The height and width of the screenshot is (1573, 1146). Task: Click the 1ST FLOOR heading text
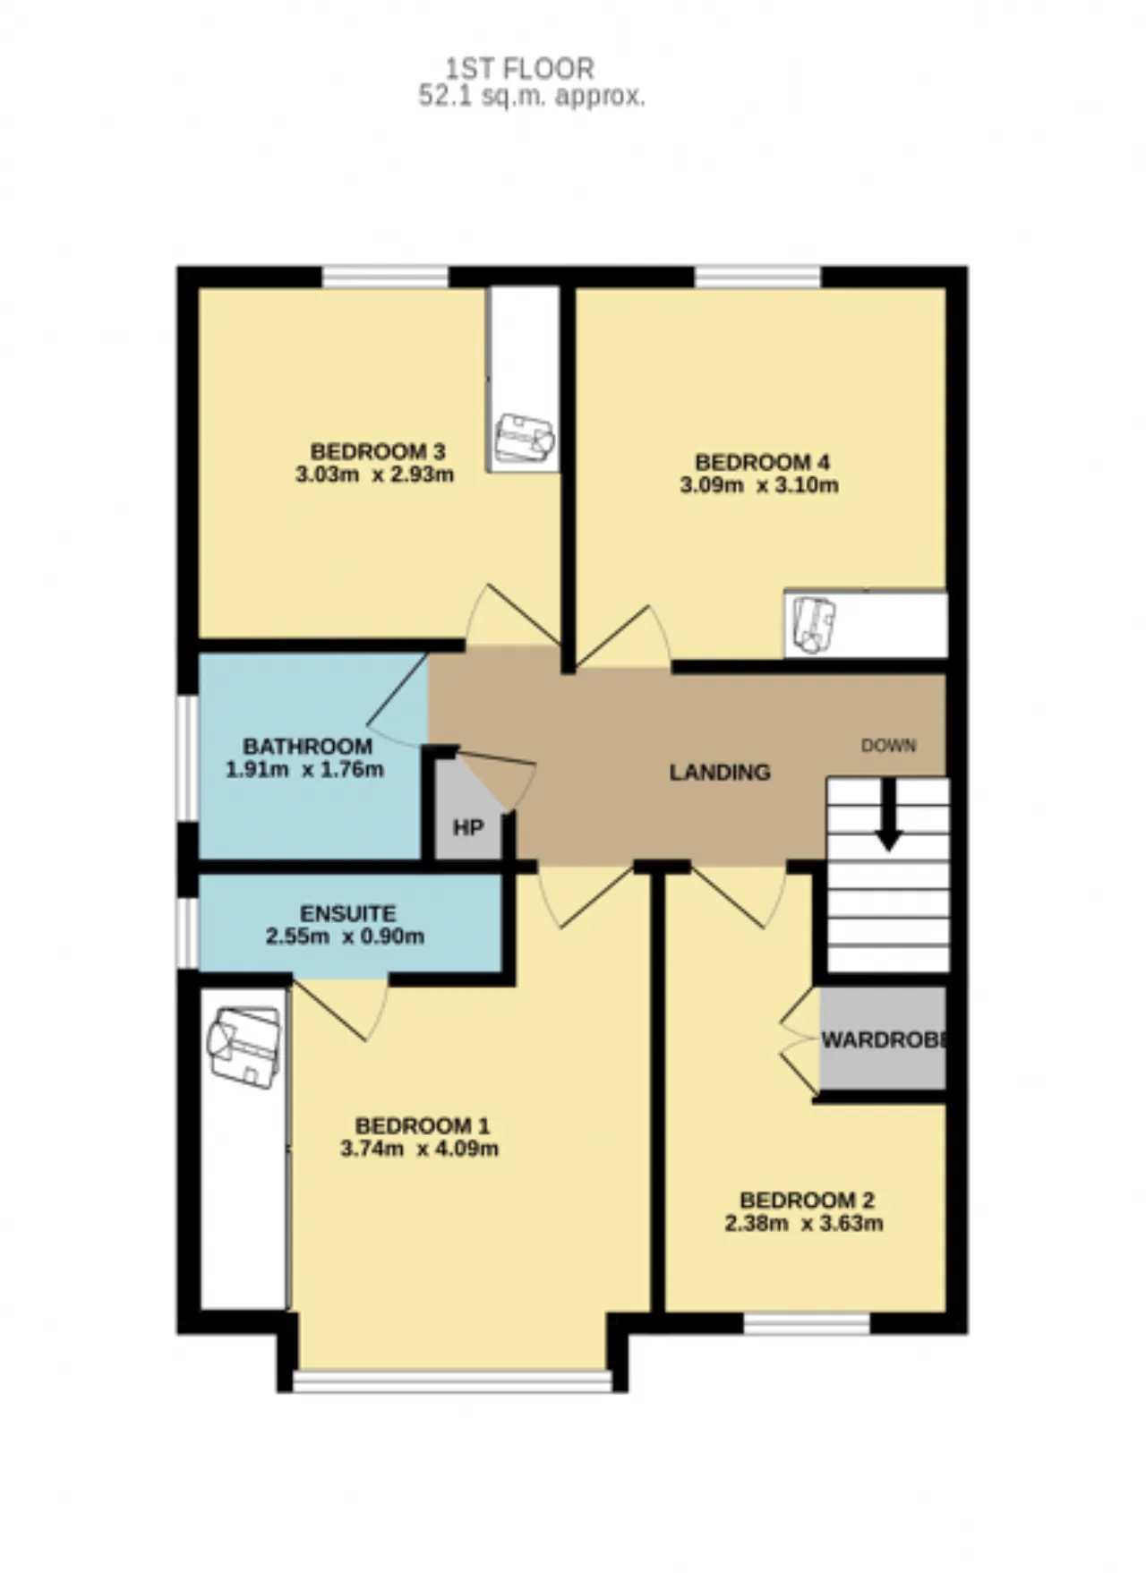click(520, 68)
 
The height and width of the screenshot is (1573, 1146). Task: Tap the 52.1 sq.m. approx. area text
click(532, 97)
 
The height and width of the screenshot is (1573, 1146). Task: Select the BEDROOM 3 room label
click(378, 451)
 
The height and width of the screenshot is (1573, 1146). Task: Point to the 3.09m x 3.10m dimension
click(759, 486)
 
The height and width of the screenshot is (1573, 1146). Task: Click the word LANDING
click(720, 772)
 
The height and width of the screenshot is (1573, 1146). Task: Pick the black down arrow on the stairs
click(888, 814)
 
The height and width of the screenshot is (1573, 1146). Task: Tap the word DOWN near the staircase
click(888, 745)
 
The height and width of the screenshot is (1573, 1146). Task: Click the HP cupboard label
click(467, 828)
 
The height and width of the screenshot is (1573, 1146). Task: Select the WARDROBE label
click(884, 1040)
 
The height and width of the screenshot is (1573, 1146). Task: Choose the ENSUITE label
click(347, 914)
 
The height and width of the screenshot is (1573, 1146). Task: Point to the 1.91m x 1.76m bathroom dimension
click(304, 769)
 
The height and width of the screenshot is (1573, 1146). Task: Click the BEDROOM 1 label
click(423, 1126)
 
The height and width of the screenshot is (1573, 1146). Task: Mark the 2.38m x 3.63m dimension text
click(804, 1223)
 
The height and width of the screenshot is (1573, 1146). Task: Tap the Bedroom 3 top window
click(385, 277)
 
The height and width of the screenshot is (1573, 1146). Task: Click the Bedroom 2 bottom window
click(808, 1323)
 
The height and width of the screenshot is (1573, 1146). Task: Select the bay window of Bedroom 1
click(453, 1381)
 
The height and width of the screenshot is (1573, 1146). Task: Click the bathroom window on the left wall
click(187, 757)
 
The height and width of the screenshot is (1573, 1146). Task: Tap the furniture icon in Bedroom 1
click(244, 1047)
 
